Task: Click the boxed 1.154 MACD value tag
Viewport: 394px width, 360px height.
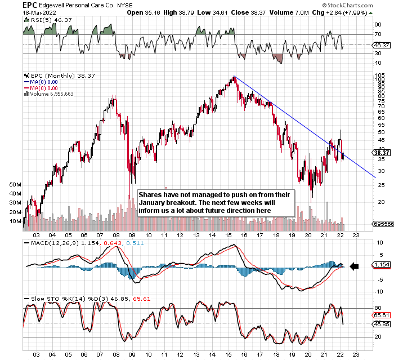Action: click(x=381, y=264)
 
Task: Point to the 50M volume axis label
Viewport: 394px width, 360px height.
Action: click(x=15, y=185)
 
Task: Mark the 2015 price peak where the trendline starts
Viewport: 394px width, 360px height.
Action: click(x=233, y=77)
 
